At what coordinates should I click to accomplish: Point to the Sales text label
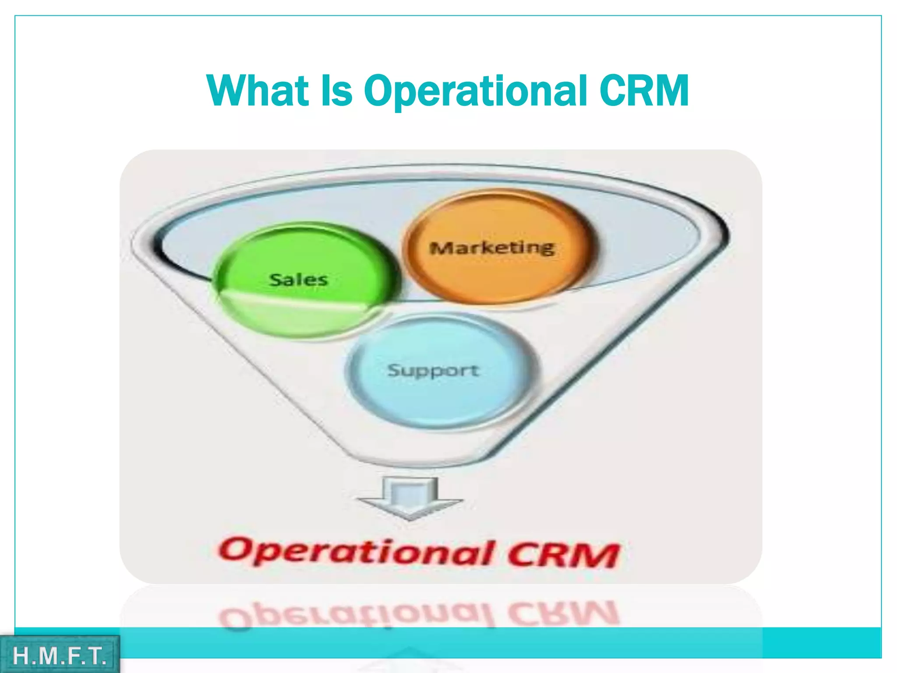(x=298, y=280)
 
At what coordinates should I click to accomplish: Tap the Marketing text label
(x=492, y=248)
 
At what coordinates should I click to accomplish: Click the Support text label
(x=433, y=370)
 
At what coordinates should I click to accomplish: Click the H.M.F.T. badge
(x=60, y=655)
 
